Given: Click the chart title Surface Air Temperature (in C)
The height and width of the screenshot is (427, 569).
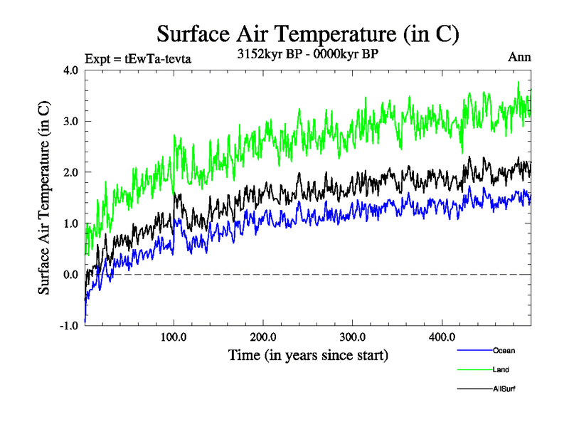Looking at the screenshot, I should point(307,33).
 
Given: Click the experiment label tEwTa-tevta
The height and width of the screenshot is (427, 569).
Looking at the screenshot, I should point(138,59).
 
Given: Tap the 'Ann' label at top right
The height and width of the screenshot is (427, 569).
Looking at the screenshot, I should point(519,57).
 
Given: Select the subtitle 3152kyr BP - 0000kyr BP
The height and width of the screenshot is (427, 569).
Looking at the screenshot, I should point(307,53).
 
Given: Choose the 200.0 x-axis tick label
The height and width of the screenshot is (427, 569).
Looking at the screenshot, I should point(263,337).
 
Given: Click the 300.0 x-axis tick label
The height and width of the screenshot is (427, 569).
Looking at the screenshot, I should point(353,337).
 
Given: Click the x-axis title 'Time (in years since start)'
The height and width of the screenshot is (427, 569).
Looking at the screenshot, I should point(308,354).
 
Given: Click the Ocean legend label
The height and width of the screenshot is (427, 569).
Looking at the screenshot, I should point(502,350).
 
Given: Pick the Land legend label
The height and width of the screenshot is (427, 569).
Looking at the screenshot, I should point(500,369).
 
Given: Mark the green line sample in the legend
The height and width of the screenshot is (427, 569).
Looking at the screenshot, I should point(472,369).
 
